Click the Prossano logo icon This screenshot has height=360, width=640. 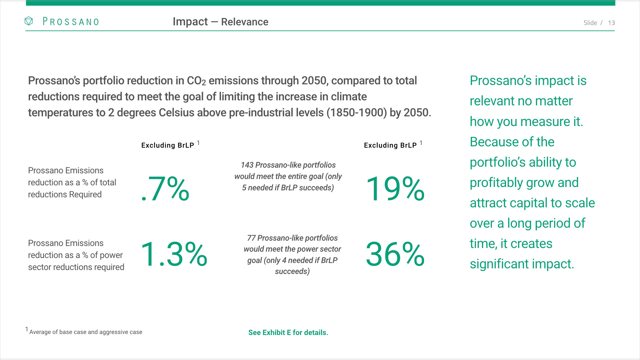point(29,21)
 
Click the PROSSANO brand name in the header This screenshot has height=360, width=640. point(71,22)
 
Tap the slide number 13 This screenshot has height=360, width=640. point(611,23)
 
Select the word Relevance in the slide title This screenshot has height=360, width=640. point(245,22)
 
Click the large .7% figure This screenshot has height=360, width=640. point(165,189)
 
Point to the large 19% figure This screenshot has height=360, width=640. point(395,189)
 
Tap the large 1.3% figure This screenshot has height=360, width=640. point(174,255)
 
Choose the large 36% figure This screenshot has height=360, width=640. point(395,255)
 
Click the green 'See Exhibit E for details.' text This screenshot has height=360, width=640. point(288,333)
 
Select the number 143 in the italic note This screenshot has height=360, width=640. point(247,165)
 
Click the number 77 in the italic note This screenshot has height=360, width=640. point(251,238)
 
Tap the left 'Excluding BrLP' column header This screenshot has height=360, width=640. point(168,145)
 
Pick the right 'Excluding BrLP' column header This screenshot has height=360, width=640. point(390,145)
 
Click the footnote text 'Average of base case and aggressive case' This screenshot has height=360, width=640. point(86,332)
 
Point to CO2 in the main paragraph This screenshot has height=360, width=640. point(196,81)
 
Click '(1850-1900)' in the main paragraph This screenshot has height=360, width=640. point(356,113)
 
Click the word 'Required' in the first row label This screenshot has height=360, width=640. point(85,195)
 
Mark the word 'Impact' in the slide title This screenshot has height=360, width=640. point(190,22)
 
